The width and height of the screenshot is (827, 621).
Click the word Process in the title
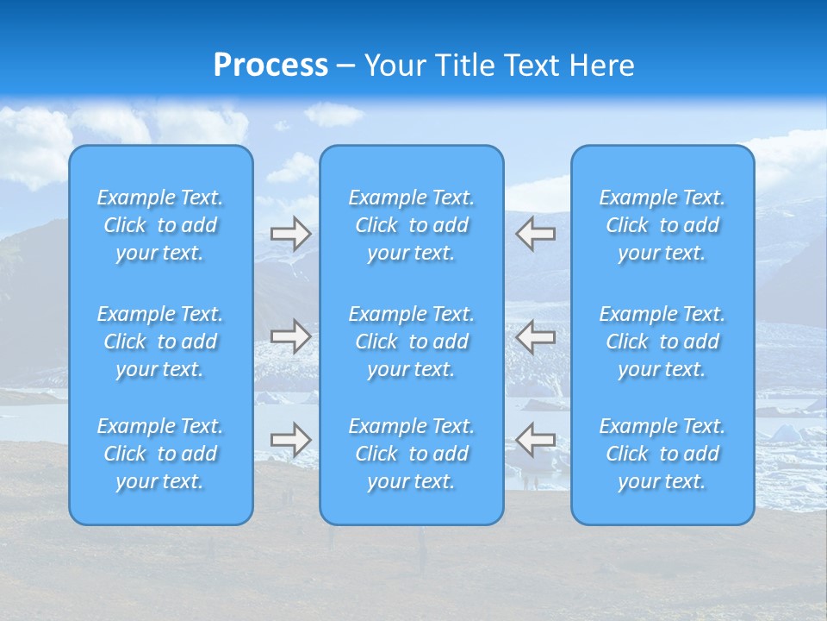click(270, 66)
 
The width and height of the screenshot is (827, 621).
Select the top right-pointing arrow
click(290, 234)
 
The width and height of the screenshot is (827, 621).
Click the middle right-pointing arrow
click(290, 336)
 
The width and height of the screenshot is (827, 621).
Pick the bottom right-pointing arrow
click(290, 439)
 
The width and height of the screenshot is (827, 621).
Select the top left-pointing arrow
click(536, 234)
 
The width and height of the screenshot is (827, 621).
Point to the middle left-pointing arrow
click(536, 336)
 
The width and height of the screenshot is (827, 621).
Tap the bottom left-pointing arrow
click(536, 439)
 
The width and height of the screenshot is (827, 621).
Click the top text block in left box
click(160, 225)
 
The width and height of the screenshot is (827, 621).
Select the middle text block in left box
click(160, 342)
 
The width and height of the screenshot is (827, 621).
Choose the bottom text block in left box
click(160, 454)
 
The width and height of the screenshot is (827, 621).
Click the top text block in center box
click(412, 225)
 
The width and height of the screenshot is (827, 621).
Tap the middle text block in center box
click(412, 342)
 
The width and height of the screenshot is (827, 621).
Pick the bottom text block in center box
click(412, 454)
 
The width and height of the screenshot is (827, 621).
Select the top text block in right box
click(662, 225)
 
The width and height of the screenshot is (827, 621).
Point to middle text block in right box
click(662, 342)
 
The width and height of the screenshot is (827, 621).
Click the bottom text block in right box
click(662, 454)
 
